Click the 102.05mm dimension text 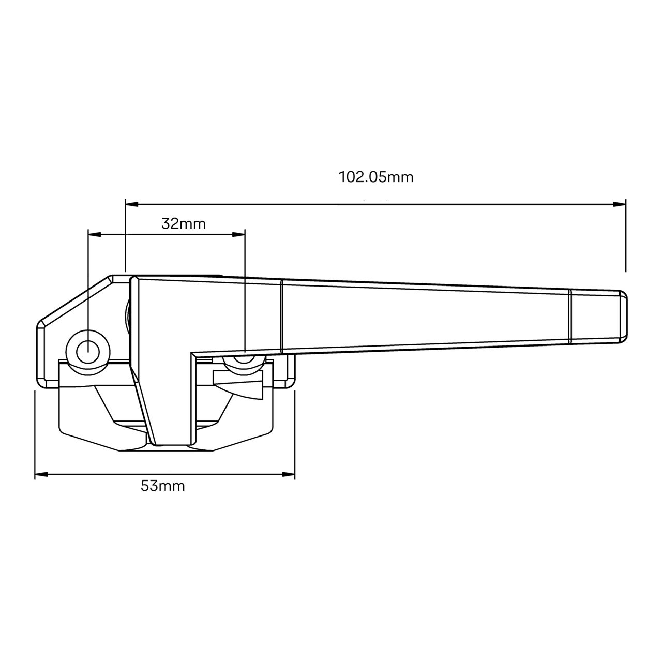[376, 177]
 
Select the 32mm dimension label [184, 224]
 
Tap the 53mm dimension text [163, 486]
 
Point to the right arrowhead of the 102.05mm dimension [620, 204]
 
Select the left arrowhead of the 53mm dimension [40, 474]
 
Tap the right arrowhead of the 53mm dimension [289, 474]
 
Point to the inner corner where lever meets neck [192, 355]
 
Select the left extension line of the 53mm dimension [35, 434]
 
